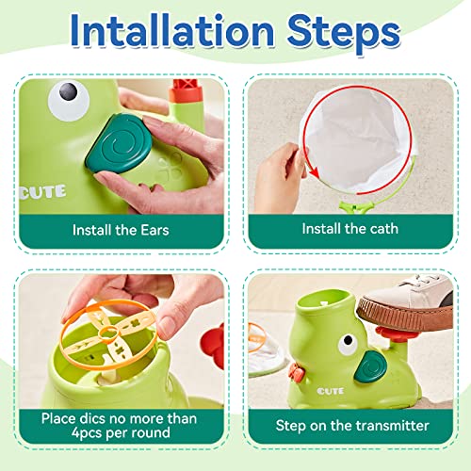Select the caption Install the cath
coord(349,228)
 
